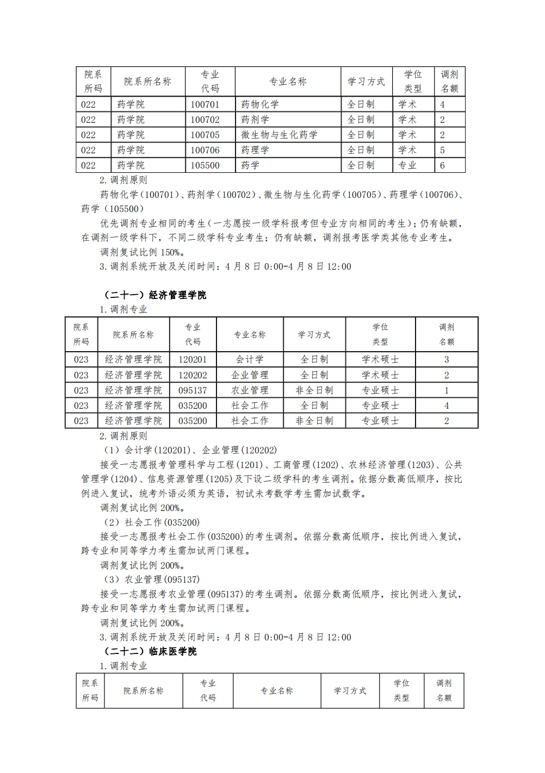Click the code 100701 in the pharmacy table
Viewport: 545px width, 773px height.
(x=205, y=104)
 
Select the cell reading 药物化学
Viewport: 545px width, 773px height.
(x=260, y=104)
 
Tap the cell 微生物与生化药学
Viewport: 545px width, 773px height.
(x=279, y=135)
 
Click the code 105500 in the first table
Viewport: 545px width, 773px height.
(x=205, y=165)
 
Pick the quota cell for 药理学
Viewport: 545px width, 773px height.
(x=442, y=150)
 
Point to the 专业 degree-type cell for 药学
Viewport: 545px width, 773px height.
(x=407, y=165)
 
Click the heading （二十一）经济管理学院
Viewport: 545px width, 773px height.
(x=155, y=295)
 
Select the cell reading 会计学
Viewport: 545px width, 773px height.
(x=250, y=359)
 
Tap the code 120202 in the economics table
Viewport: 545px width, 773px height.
(x=193, y=375)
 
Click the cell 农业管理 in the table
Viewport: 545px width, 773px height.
(x=250, y=390)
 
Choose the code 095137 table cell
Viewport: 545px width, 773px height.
(x=193, y=390)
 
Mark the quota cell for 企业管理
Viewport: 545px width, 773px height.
(x=447, y=375)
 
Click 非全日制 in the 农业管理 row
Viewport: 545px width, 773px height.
(x=314, y=390)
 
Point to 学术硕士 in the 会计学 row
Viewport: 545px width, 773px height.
(x=380, y=359)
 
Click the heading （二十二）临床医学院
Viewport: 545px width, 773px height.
(x=150, y=651)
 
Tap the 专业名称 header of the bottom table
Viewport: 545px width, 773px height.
(x=276, y=691)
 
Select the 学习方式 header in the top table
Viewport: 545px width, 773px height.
(x=366, y=82)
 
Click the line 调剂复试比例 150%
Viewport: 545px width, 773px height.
(x=143, y=252)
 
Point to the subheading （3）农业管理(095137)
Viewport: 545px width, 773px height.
(x=152, y=579)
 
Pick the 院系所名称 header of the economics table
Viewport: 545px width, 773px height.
(x=133, y=335)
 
